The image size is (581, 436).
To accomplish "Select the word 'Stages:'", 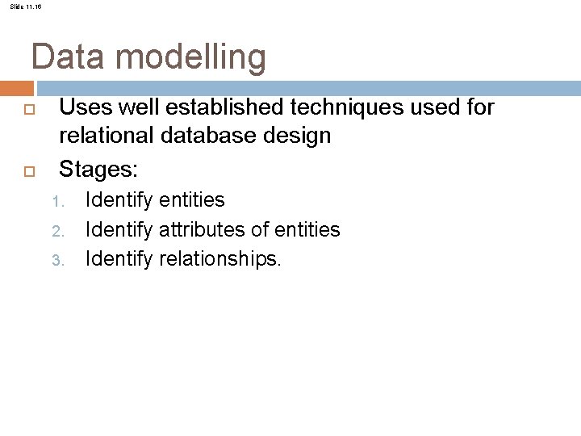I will [x=99, y=170].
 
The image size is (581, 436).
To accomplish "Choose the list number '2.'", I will [x=57, y=232].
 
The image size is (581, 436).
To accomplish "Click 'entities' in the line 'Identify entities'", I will [x=191, y=200].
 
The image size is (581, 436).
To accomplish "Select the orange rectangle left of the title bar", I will [x=16, y=87].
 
